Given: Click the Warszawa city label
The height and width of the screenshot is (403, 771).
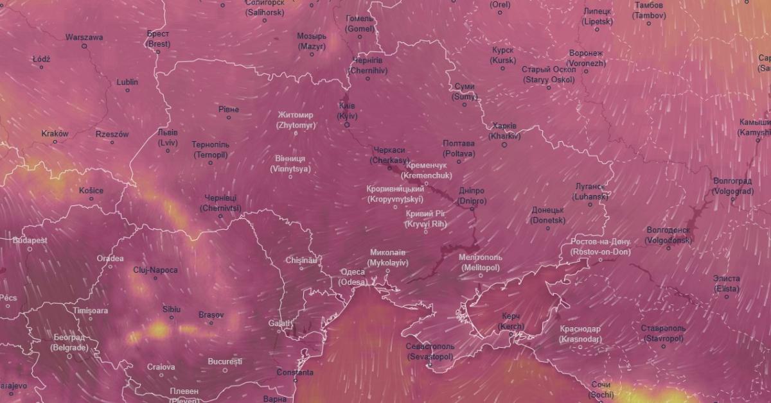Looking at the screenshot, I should [84, 37].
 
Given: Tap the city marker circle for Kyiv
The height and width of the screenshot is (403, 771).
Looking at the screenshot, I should [347, 125].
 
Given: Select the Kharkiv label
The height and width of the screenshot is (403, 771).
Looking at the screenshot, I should [504, 131].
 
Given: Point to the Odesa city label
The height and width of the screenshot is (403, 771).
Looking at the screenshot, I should [352, 277].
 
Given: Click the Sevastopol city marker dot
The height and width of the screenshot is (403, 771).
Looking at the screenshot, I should [430, 365].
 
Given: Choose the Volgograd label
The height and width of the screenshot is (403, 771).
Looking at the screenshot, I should [732, 186].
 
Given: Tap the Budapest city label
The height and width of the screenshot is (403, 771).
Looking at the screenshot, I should [30, 240].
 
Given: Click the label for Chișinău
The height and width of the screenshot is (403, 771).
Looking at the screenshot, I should [301, 260].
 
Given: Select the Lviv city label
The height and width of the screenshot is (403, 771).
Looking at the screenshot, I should [168, 137].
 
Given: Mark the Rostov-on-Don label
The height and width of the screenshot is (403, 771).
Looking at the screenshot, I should [601, 247].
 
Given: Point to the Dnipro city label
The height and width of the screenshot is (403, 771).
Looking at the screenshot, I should [472, 196].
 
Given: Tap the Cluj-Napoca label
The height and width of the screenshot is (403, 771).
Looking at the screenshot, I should [155, 270].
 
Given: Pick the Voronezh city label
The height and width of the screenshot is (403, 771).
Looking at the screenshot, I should [586, 58].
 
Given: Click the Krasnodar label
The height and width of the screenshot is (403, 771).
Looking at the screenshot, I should [580, 334].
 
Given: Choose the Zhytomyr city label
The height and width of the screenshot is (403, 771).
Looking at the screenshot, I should [296, 120].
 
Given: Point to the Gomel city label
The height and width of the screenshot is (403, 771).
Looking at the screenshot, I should [359, 24].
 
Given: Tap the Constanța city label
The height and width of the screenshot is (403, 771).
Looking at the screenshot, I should [295, 372].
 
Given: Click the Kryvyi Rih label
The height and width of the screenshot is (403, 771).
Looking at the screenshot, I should [425, 219].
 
